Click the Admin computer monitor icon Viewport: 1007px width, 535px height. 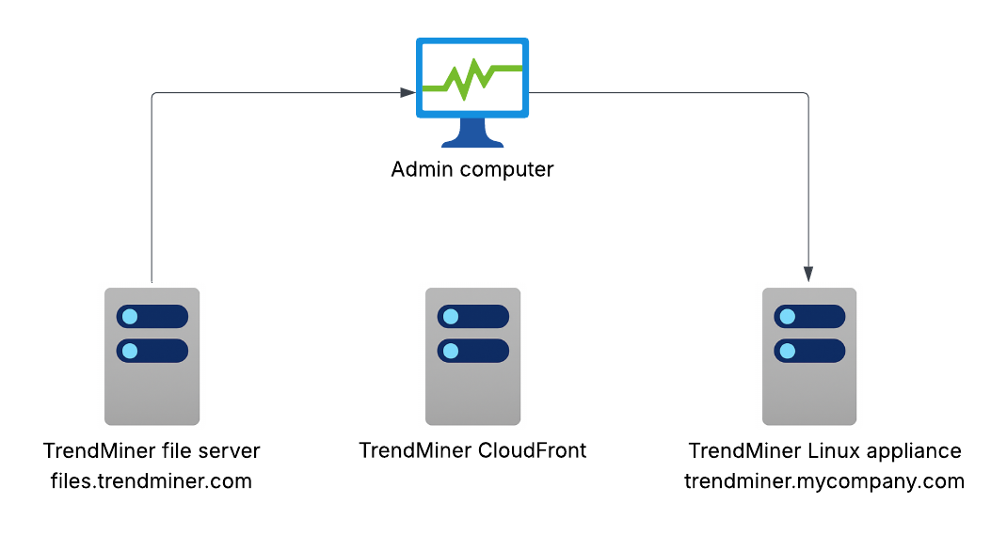472,92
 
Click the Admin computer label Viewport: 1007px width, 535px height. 472,170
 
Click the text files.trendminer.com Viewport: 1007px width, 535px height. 151,482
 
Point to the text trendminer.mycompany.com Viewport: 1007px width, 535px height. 824,482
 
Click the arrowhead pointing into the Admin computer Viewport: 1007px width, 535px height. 408,92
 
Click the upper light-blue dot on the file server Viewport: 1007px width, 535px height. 130,317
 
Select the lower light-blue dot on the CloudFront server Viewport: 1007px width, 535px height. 450,352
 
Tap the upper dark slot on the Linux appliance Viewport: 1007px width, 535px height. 808,317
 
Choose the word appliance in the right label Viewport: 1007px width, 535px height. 916,451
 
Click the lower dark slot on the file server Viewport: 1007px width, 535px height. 152,352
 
